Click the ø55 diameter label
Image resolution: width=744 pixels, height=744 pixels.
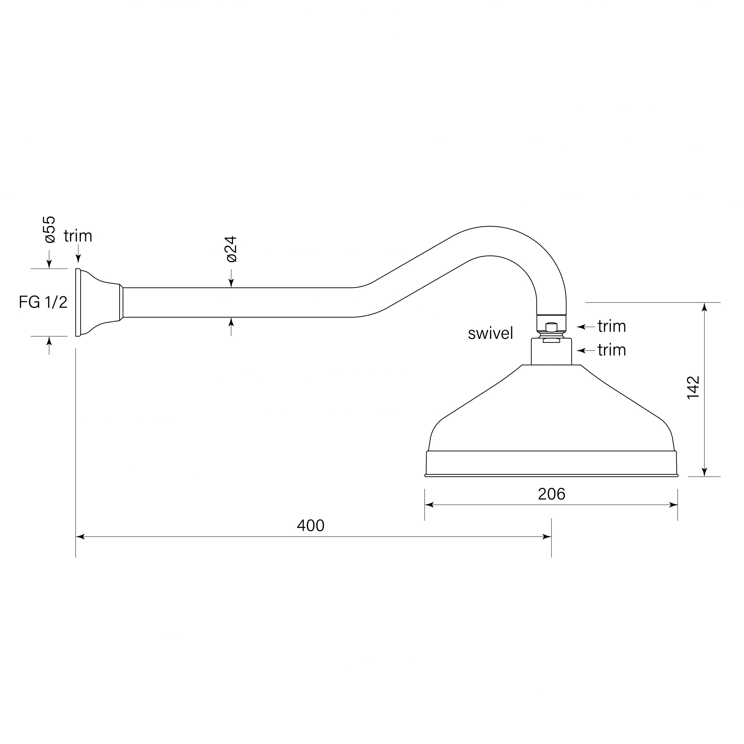[x=50, y=230]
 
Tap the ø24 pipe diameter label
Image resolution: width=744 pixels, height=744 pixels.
[x=231, y=249]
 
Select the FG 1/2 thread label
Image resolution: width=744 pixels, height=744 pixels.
[x=43, y=302]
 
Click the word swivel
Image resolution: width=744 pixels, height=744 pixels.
[x=490, y=333]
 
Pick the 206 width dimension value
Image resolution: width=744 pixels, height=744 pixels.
[x=551, y=494]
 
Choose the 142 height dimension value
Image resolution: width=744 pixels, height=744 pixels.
[x=693, y=388]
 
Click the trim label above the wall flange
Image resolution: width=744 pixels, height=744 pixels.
[x=78, y=236]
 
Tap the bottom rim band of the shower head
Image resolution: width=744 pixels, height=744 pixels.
[x=551, y=463]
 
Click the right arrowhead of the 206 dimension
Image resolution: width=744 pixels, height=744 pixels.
[x=674, y=505]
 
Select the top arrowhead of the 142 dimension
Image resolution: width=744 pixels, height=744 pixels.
[x=704, y=307]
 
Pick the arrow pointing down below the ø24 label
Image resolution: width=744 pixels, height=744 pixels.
[x=231, y=283]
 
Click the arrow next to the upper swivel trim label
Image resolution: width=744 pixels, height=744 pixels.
[x=581, y=327]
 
